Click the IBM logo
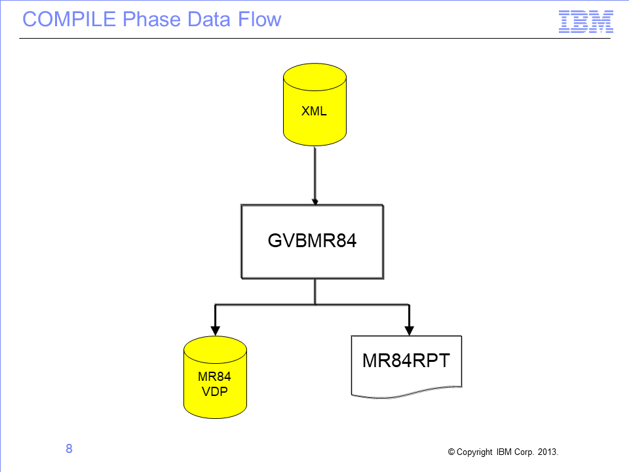tap(586, 22)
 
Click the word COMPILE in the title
tap(69, 19)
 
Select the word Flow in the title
tap(259, 19)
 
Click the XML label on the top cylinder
tap(314, 111)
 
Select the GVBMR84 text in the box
tap(312, 241)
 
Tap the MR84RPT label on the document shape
tap(406, 361)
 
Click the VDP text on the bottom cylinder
tap(215, 391)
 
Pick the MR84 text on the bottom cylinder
tap(215, 376)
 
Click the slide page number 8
tap(69, 448)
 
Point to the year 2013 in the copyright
tap(547, 452)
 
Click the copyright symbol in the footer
tap(451, 452)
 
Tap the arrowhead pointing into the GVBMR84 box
tap(315, 202)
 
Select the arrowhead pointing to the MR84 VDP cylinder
tap(216, 330)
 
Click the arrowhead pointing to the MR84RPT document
tap(409, 330)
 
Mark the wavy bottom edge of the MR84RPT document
tap(406, 393)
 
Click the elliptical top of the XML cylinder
tap(315, 77)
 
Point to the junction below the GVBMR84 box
tap(315, 305)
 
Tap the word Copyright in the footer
tap(474, 452)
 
